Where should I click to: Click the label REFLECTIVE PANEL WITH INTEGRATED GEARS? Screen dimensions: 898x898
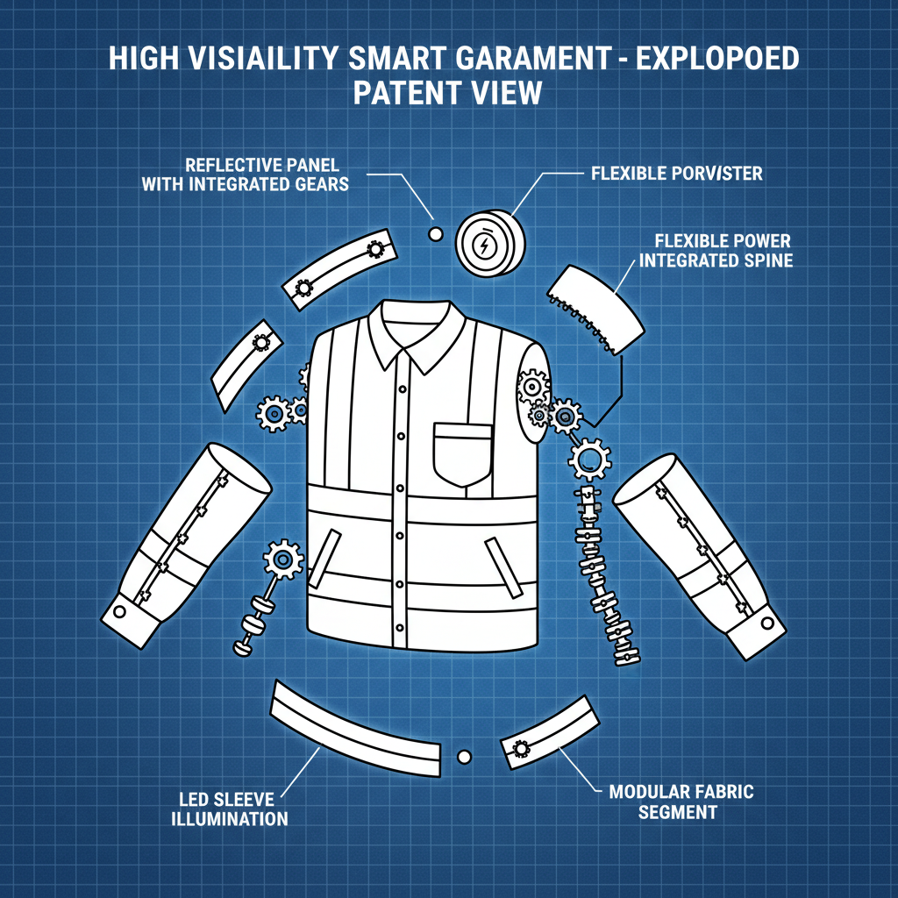click(x=246, y=174)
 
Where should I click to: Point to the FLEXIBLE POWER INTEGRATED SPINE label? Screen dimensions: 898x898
click(x=716, y=250)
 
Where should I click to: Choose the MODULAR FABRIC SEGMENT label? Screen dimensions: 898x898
click(x=681, y=802)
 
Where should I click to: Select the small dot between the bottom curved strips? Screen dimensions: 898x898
click(x=464, y=755)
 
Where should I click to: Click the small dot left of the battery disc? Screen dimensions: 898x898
click(x=434, y=234)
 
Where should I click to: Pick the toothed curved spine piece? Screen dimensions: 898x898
click(x=596, y=309)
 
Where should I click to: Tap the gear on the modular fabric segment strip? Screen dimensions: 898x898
click(x=519, y=748)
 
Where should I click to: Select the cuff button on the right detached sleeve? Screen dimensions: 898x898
click(x=768, y=624)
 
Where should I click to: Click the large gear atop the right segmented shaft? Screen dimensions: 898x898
click(x=589, y=458)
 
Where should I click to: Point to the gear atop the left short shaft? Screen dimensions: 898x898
click(x=283, y=557)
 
